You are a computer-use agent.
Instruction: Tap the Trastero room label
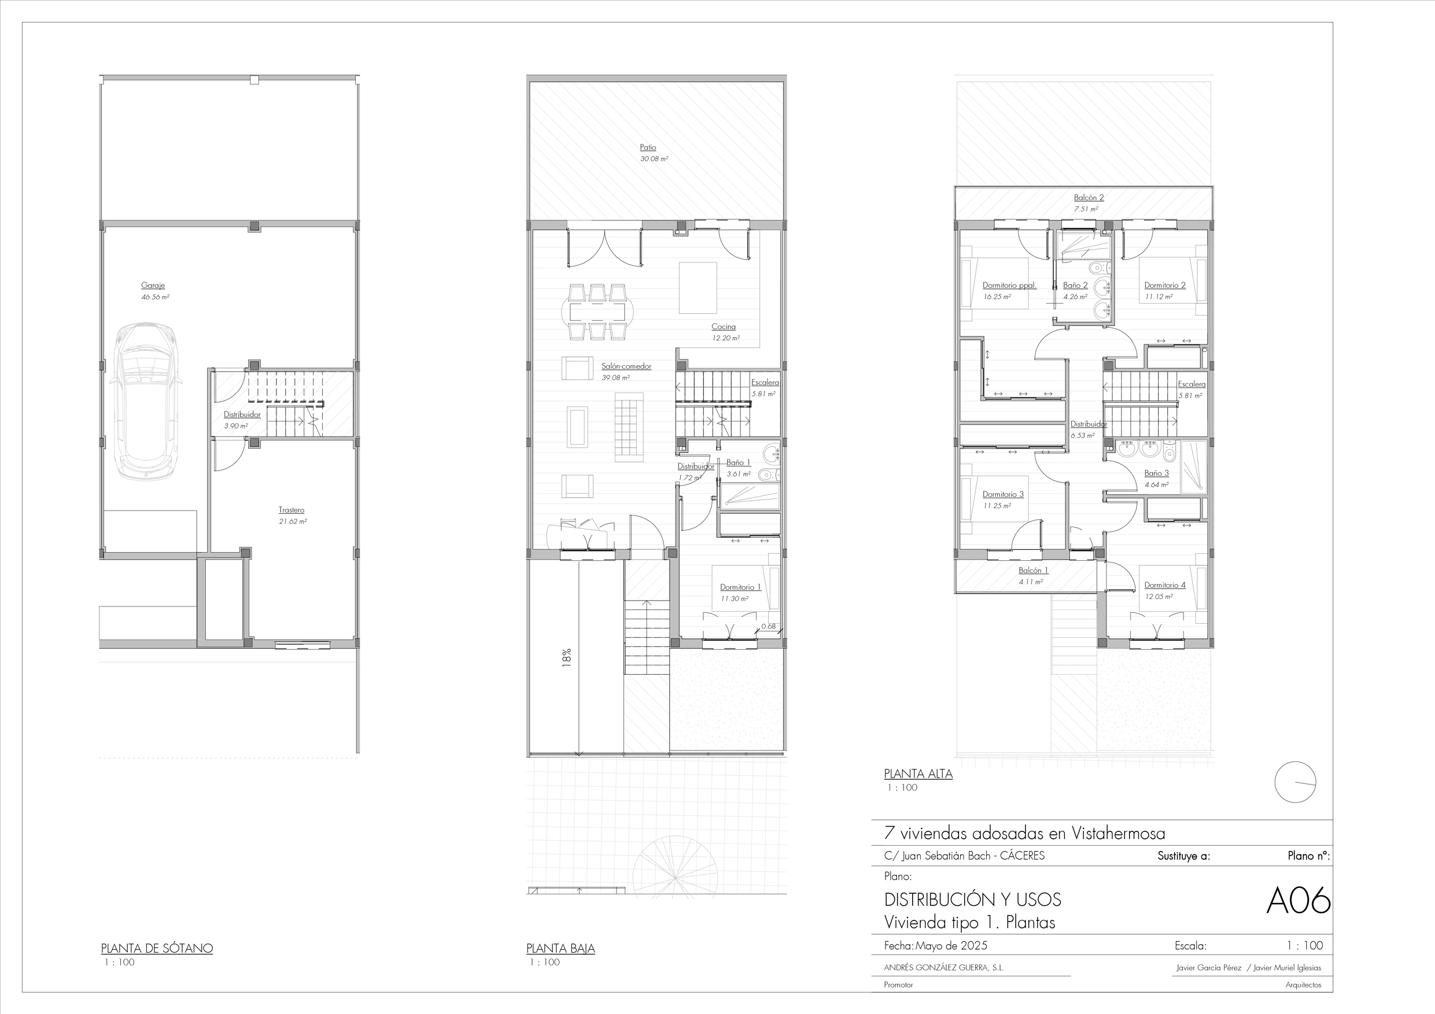pyautogui.click(x=292, y=510)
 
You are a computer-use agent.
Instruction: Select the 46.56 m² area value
pyautogui.click(x=155, y=297)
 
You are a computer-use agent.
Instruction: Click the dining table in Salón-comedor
pyautogui.click(x=597, y=311)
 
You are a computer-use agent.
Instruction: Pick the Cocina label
pyautogui.click(x=723, y=327)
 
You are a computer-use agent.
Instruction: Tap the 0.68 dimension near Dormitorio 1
pyautogui.click(x=768, y=626)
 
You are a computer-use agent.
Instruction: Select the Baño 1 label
pyautogui.click(x=738, y=462)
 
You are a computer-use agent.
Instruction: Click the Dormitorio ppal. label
pyautogui.click(x=1009, y=286)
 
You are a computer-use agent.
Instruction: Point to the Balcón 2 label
pyautogui.click(x=1089, y=198)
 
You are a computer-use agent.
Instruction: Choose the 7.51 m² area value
pyautogui.click(x=1086, y=209)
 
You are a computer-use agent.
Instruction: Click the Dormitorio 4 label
pyautogui.click(x=1165, y=586)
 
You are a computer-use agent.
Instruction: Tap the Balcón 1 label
pyautogui.click(x=1033, y=571)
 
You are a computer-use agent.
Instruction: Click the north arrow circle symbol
pyautogui.click(x=1296, y=782)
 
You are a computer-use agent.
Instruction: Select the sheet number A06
pyautogui.click(x=1298, y=901)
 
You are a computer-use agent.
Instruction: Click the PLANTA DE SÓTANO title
pyautogui.click(x=157, y=949)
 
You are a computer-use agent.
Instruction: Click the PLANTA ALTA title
pyautogui.click(x=918, y=774)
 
